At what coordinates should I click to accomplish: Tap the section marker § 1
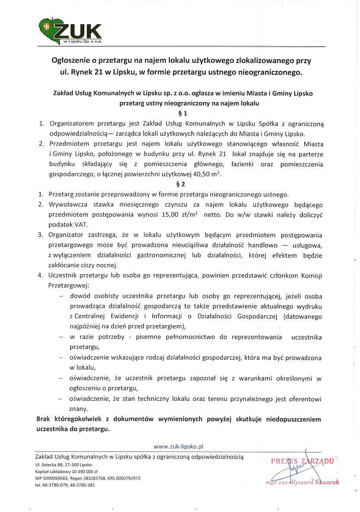pos(182,114)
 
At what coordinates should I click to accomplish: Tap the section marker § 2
pos(182,184)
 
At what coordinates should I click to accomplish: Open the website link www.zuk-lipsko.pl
pos(179,445)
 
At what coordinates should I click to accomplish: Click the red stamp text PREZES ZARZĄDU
pos(302,461)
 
